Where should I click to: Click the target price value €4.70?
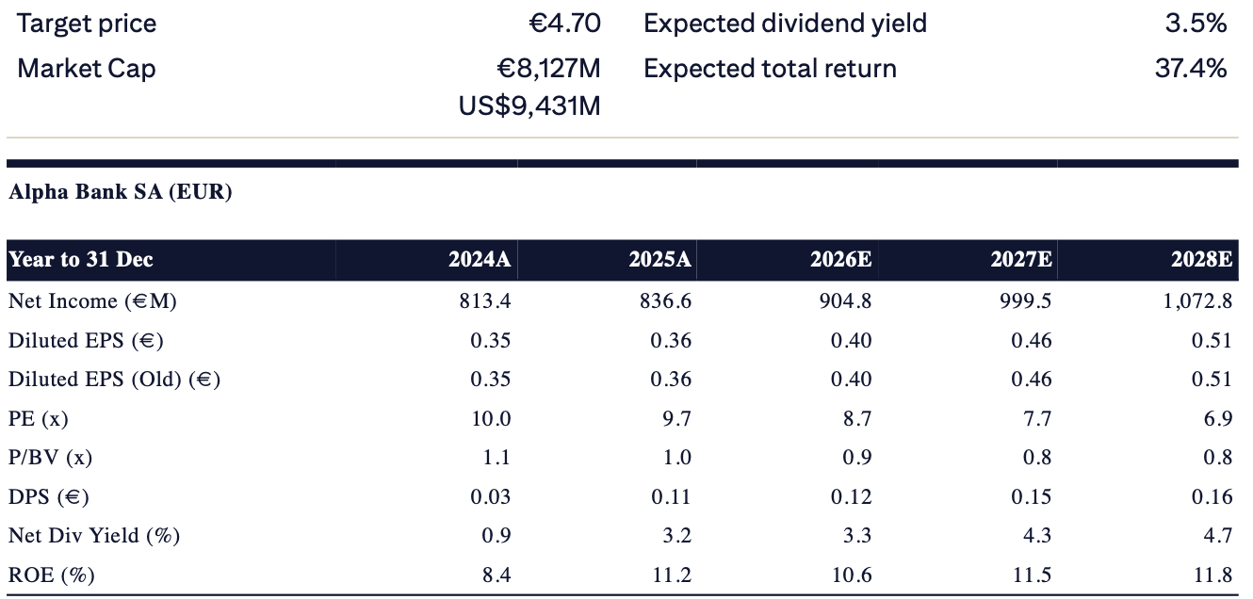coord(564,24)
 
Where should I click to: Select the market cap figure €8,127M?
coord(548,69)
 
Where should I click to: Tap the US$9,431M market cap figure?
coord(529,105)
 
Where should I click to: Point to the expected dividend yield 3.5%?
coord(1196,24)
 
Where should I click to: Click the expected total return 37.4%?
coord(1191,69)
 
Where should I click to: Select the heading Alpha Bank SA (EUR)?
coord(121,192)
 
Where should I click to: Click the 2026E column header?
coord(840,259)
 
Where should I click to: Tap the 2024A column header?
coord(480,259)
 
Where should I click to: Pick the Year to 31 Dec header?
coord(81,259)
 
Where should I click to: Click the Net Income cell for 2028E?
coord(1197,300)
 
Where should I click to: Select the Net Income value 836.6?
coord(666,300)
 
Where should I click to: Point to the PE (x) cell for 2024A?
coord(491,418)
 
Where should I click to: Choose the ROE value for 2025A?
coord(672,575)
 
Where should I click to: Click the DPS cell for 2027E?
coord(1032,496)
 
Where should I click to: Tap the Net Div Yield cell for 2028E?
coord(1218,535)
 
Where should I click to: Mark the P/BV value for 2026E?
coord(857,458)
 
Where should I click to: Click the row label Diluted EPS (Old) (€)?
coord(114,380)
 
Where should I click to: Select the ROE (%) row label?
coord(52,575)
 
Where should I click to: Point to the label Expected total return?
coord(770,69)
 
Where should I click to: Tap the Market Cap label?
coord(86,69)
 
